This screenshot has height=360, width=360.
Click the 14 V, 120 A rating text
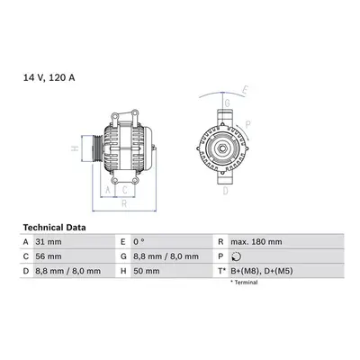(x=49, y=77)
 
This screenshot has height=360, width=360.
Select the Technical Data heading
(x=54, y=228)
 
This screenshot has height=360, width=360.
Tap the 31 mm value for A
(x=49, y=242)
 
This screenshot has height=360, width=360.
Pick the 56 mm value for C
(x=49, y=256)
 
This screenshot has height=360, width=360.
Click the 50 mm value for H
(x=147, y=271)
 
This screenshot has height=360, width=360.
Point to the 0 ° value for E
(x=139, y=242)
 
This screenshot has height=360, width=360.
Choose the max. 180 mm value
(x=256, y=242)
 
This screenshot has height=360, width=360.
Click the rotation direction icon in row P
(x=237, y=256)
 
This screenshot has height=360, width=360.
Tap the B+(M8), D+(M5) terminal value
(x=262, y=271)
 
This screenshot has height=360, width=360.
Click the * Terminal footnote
(x=244, y=283)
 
